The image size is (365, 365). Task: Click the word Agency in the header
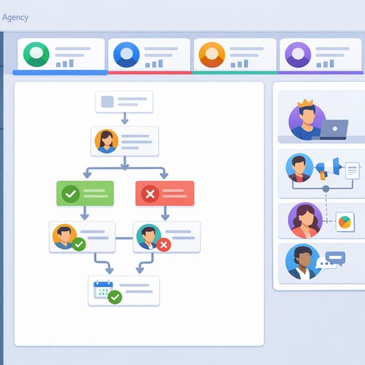pyautogui.click(x=15, y=18)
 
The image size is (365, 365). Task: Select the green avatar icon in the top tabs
pyautogui.click(x=36, y=54)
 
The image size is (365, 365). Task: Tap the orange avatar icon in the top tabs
pyautogui.click(x=212, y=55)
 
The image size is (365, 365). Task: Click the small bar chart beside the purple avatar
pyautogui.click(x=325, y=63)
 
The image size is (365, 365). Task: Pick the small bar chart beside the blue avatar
pyautogui.click(x=154, y=63)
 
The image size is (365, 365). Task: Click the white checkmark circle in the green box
pyautogui.click(x=71, y=194)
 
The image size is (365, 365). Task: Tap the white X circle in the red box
pyautogui.click(x=150, y=194)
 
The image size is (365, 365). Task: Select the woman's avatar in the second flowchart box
pyautogui.click(x=106, y=141)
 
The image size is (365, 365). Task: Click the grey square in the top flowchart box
pyautogui.click(x=108, y=102)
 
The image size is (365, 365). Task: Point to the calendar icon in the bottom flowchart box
pyautogui.click(x=103, y=289)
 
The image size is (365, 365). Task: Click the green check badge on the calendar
pyautogui.click(x=115, y=297)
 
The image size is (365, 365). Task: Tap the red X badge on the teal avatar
pyautogui.click(x=163, y=245)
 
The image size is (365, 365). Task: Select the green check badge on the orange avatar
pyautogui.click(x=79, y=244)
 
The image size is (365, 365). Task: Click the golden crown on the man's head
pyautogui.click(x=305, y=103)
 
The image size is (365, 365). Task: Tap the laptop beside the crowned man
pyautogui.click(x=332, y=130)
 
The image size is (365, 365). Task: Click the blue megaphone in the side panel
pyautogui.click(x=329, y=168)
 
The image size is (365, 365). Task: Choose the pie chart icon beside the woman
pyautogui.click(x=345, y=222)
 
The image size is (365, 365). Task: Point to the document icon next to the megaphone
pyautogui.click(x=352, y=170)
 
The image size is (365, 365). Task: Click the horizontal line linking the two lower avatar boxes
pyautogui.click(x=124, y=238)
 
